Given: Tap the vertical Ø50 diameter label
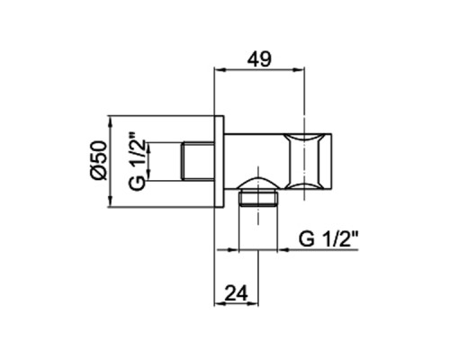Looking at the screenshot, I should point(98,161).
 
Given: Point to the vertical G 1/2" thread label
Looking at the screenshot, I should point(137,162).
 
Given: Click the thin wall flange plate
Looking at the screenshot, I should point(219,161).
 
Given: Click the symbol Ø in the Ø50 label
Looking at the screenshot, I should point(98,174).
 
